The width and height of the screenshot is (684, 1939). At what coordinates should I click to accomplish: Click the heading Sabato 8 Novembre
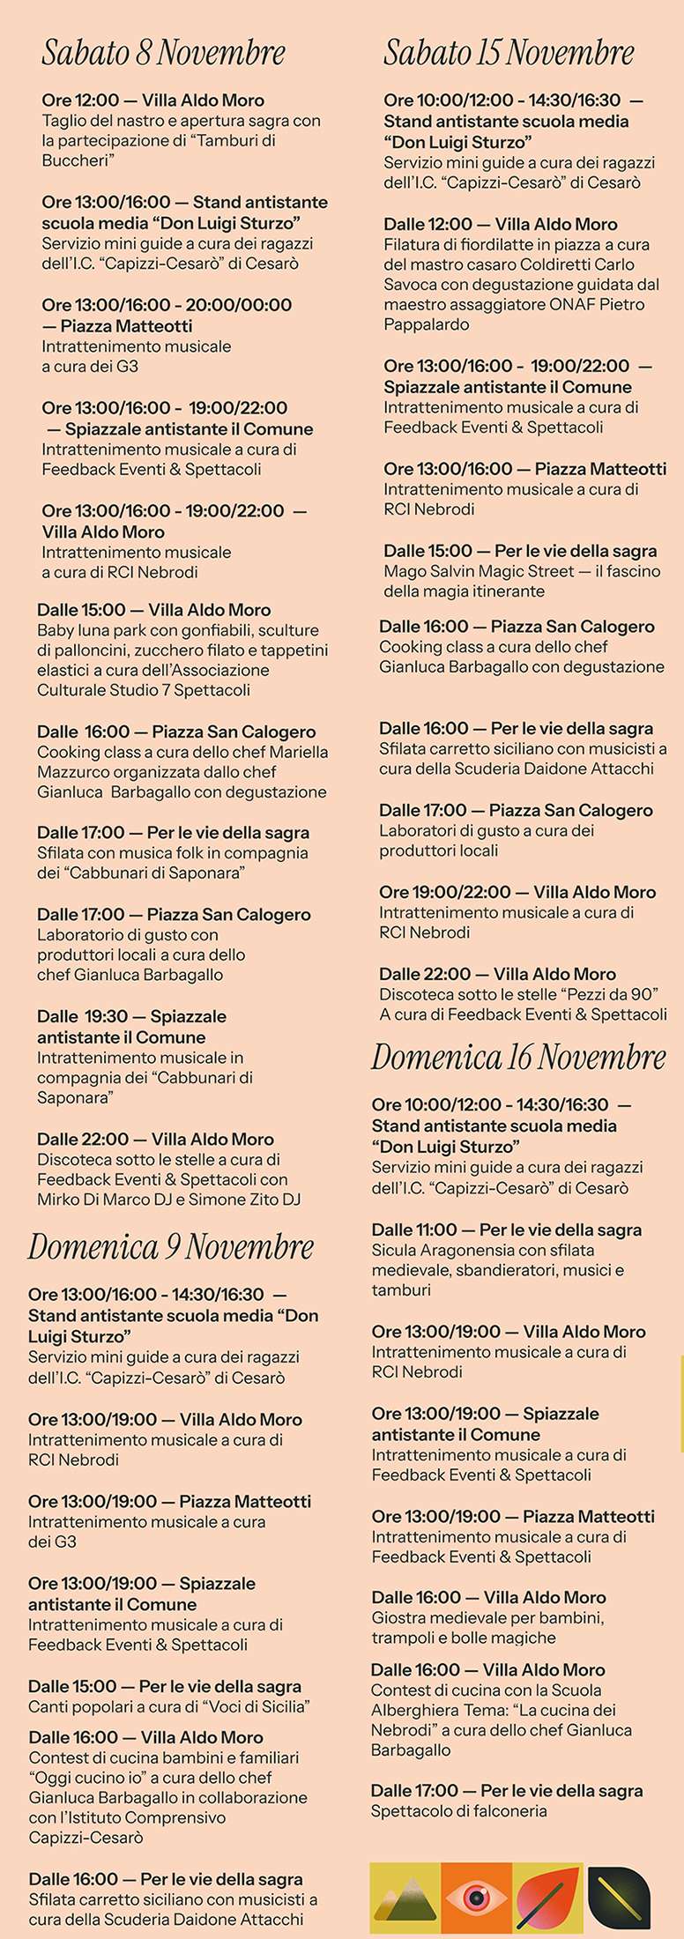coord(163,53)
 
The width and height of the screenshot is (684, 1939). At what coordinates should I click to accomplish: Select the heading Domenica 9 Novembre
coord(170,1247)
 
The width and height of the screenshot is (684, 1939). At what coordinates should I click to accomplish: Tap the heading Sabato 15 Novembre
coord(509,53)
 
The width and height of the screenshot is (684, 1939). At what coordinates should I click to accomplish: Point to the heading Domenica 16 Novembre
coord(518,1057)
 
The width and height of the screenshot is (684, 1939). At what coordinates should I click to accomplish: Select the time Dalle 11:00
coord(414,1230)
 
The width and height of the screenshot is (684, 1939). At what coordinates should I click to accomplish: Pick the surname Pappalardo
coord(426,324)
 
